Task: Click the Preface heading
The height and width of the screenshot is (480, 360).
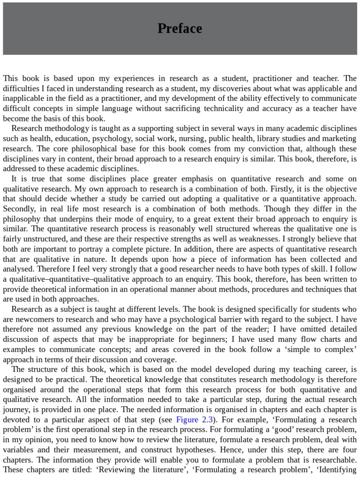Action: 180,29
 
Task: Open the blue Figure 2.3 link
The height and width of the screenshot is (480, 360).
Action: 195,420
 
